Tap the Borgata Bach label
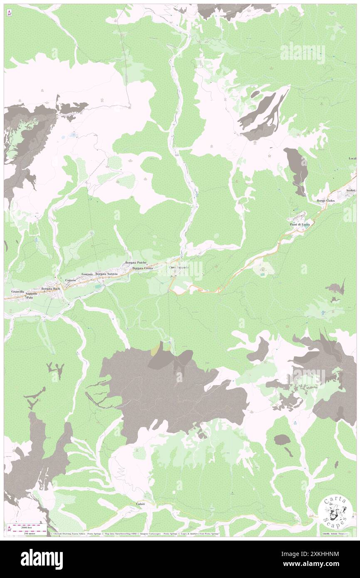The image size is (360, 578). (x=50, y=289)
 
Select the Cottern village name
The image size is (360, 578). (x=70, y=281)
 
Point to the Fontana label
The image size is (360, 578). (x=87, y=274)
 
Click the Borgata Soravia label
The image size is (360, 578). (x=107, y=274)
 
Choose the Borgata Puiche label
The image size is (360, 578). (x=136, y=263)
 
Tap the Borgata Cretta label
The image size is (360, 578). (x=143, y=269)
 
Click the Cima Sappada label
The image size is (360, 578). (x=179, y=267)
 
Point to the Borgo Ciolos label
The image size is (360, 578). (x=325, y=201)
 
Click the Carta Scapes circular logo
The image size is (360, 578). (x=335, y=511)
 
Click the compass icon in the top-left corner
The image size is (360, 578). (x=9, y=13)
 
